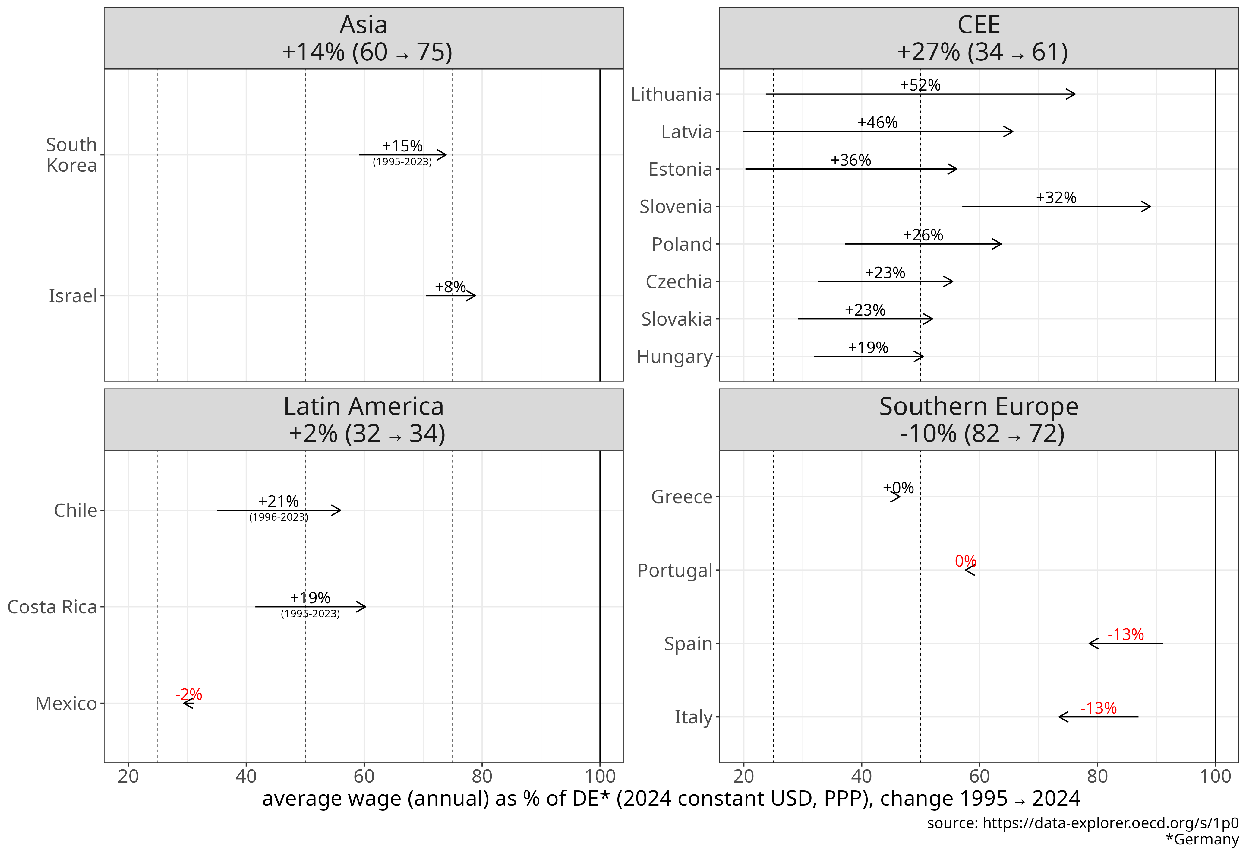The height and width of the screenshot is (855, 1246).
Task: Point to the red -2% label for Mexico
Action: (x=189, y=694)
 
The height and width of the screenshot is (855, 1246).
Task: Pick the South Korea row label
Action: (x=72, y=155)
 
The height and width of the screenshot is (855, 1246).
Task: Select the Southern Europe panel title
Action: (x=979, y=407)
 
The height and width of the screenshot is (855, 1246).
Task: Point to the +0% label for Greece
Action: (x=898, y=488)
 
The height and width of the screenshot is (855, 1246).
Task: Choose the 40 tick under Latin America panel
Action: (x=246, y=776)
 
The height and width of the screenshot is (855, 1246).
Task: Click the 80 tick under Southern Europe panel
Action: (x=1097, y=776)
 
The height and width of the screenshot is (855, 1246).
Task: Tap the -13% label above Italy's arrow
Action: (x=1098, y=708)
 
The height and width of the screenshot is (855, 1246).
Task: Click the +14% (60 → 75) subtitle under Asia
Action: (x=367, y=52)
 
